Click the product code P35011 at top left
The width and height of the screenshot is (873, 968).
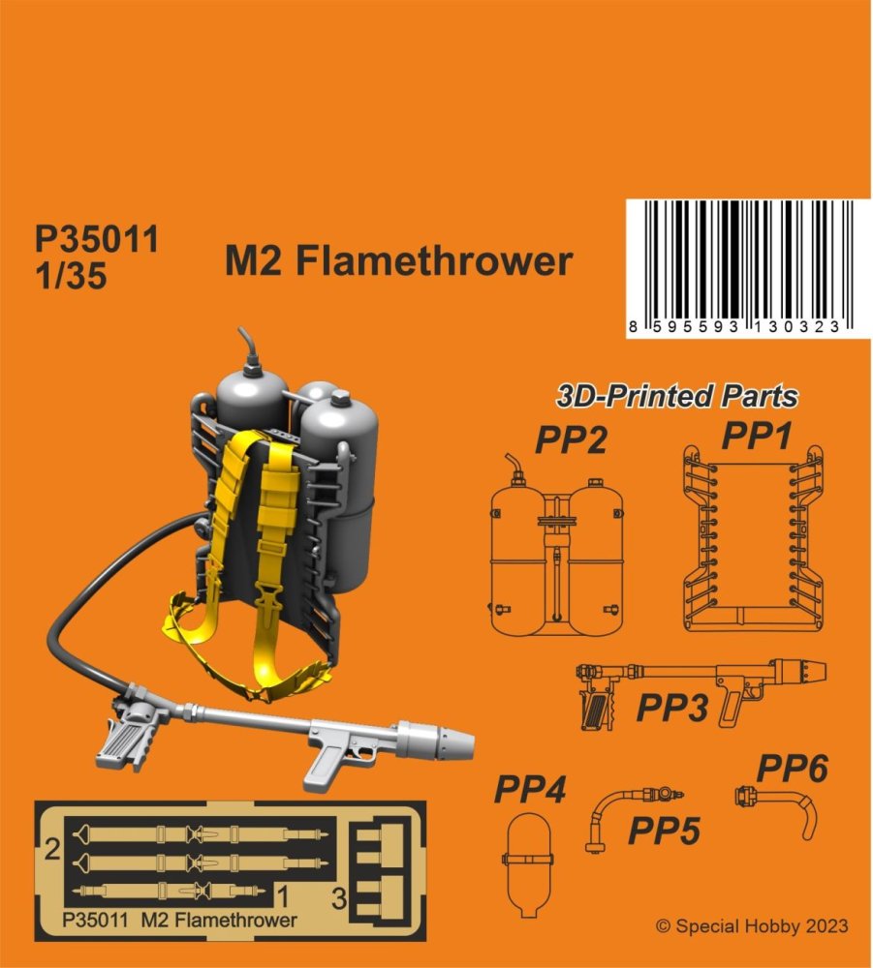97,238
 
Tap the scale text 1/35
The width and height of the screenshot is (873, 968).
71,275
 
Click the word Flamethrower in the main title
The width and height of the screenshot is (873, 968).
434,261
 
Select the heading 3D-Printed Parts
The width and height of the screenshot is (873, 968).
677,396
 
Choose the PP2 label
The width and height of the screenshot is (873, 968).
571,440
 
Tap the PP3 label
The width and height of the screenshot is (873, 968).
672,708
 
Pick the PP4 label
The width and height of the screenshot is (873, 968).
530,789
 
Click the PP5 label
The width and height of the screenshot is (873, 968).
664,831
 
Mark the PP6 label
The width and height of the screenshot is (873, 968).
793,769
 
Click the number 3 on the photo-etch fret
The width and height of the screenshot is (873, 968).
338,898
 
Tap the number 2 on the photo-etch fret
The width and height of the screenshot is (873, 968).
52,850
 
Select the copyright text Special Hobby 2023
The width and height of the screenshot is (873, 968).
752,926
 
